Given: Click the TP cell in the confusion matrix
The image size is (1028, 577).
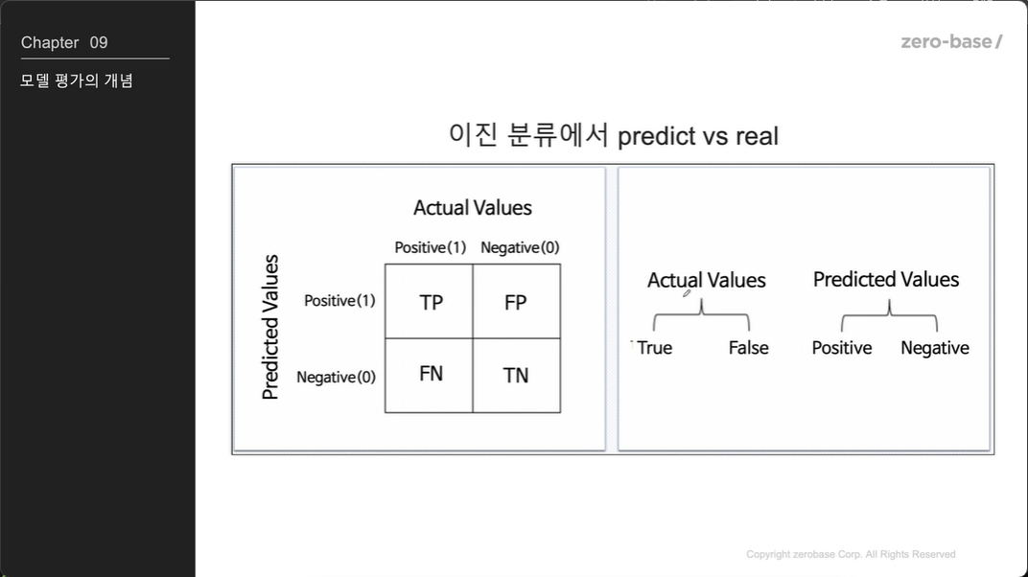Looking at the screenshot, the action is point(429,301).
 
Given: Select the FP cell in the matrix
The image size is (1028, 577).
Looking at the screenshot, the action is point(517,301).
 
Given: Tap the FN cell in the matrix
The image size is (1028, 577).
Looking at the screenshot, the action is point(429,376).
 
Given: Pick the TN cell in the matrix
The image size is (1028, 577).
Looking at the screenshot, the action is point(517,376).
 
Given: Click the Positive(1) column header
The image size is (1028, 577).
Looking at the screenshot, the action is point(430,247).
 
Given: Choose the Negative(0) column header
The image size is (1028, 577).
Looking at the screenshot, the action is point(520,247).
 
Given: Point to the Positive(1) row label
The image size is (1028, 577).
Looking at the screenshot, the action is point(339,301).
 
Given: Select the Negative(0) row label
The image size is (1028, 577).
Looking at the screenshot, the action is point(336,378).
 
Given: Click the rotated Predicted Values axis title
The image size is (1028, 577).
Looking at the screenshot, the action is point(270,327).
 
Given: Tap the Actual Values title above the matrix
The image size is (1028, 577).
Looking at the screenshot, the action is point(473,208).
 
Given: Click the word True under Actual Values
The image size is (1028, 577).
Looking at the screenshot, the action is point(654,348).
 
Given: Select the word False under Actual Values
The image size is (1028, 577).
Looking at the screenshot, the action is point(748,348).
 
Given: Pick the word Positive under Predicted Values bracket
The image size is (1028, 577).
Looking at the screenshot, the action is point(842,348).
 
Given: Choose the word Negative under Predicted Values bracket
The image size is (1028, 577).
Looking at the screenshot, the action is point(935,348).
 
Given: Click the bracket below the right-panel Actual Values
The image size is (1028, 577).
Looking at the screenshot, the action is point(702,314).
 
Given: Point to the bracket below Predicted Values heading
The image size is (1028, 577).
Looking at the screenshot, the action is point(890,315).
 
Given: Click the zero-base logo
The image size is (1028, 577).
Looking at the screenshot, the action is point(951,42).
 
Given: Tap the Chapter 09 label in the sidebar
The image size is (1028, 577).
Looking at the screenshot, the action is point(64,42).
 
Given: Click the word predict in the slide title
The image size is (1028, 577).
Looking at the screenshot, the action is point(656,137).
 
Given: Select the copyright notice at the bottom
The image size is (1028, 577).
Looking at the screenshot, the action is point(851,554).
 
